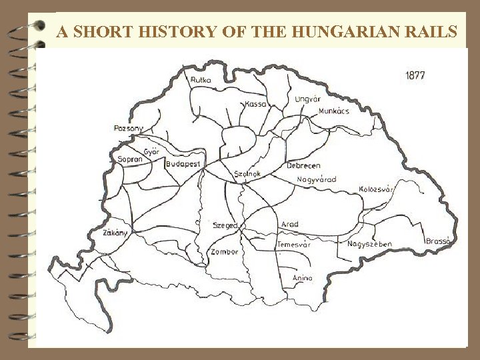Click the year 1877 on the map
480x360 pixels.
415,76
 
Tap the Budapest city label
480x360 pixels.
183,164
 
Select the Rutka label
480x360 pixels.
201,80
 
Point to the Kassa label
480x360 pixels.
255,104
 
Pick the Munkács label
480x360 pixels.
333,111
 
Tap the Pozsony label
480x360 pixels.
129,128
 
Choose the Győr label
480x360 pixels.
151,151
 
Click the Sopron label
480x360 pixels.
130,160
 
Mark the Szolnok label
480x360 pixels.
247,174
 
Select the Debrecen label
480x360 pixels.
303,165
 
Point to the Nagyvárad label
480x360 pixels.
316,179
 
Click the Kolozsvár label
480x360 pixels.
377,190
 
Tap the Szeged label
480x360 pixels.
225,226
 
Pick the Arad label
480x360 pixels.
290,225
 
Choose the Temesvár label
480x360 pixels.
294,245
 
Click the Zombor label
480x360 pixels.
224,252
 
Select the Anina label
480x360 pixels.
302,278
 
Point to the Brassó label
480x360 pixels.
439,241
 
